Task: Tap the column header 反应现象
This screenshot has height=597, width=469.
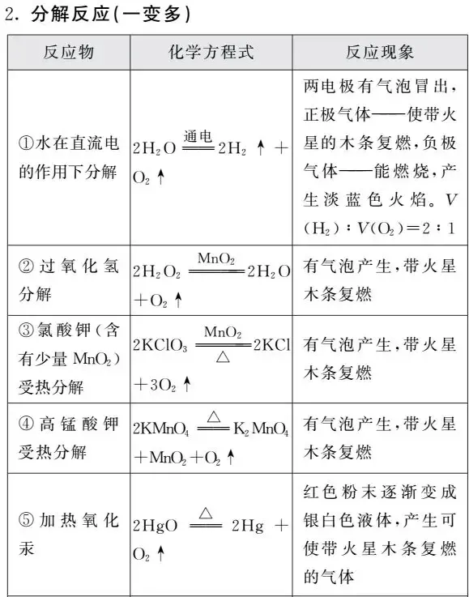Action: (379, 53)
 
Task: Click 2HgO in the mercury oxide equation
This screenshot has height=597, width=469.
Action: (156, 526)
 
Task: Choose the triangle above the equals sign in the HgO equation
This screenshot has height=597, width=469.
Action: (205, 513)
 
